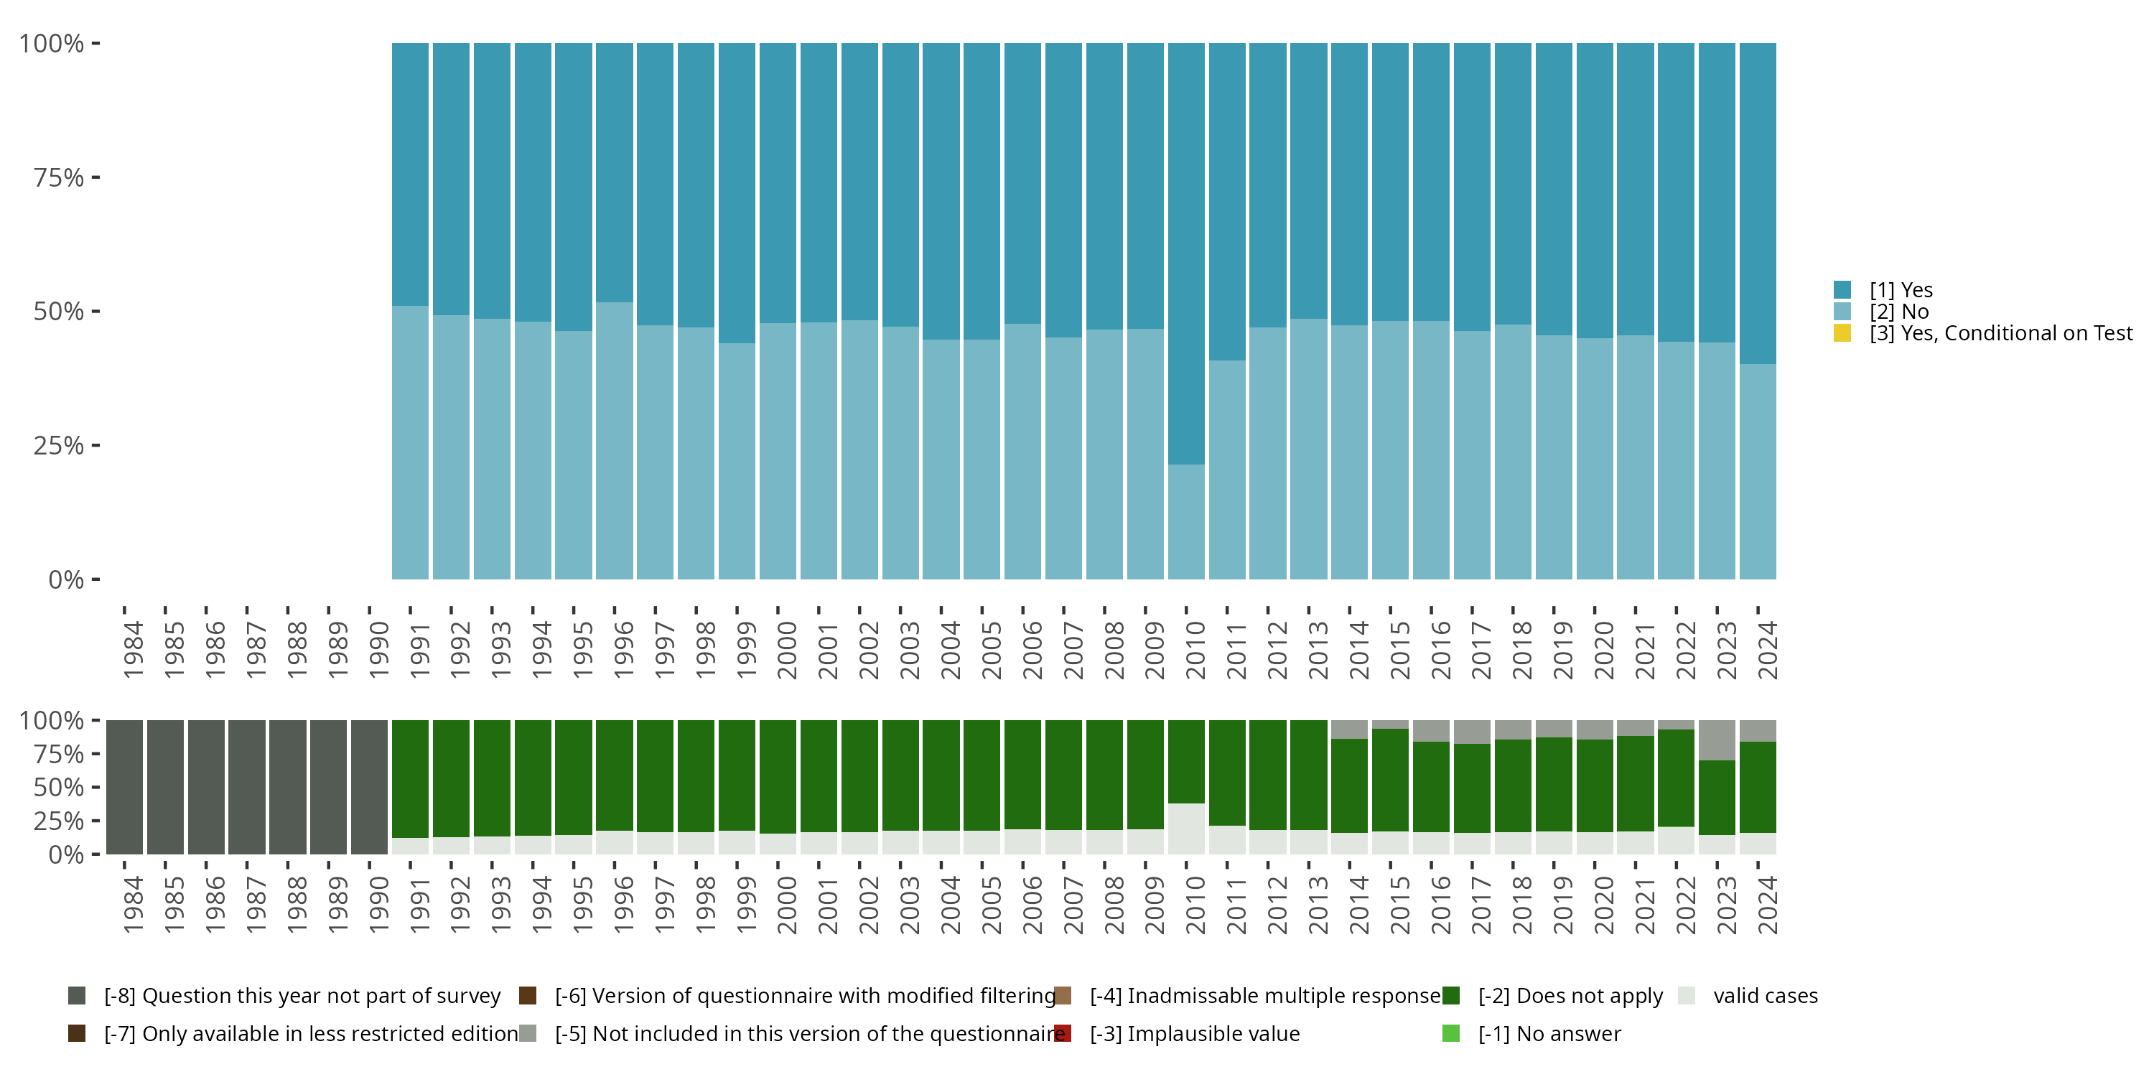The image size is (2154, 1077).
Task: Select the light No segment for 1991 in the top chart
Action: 410,442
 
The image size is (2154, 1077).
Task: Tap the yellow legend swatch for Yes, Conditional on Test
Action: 1842,333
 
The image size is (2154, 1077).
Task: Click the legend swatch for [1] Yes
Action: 1842,290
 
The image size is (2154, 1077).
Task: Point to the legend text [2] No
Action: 1899,312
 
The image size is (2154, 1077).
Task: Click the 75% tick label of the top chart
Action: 59,177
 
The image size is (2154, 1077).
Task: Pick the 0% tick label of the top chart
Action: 66,579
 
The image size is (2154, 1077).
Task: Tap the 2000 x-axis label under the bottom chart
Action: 786,905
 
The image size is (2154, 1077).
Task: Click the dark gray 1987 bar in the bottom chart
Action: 247,787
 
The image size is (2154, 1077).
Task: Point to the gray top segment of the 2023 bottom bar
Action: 1717,740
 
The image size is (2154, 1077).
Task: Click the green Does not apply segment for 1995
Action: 574,778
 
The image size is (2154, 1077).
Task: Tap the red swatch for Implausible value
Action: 1063,1033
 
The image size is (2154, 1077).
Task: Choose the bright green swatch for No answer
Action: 1451,1033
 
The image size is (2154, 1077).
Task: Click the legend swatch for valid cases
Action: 1687,996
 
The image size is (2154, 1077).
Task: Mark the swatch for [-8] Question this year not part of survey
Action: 77,996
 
